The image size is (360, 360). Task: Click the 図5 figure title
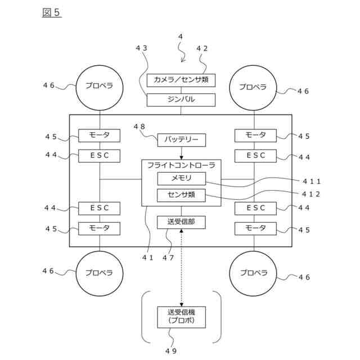[51, 12]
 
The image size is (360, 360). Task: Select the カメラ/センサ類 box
[181, 80]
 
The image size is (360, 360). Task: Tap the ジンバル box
[181, 100]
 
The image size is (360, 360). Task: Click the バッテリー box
[181, 140]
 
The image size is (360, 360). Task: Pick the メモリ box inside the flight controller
[181, 178]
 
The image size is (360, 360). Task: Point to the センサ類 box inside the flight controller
[181, 195]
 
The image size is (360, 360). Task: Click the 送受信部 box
[181, 222]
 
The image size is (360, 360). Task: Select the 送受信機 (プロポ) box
[181, 317]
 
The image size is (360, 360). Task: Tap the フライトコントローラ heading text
[181, 165]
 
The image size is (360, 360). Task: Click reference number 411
[311, 182]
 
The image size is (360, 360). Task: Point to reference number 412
[311, 194]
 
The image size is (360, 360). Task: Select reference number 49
[171, 351]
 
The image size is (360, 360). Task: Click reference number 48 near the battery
[139, 127]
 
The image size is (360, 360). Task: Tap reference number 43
[141, 48]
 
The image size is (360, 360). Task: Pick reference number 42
[202, 48]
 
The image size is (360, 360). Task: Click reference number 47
[168, 258]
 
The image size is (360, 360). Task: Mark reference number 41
[147, 258]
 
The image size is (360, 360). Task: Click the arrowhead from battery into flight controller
[181, 157]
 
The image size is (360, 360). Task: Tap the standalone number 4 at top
[181, 37]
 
